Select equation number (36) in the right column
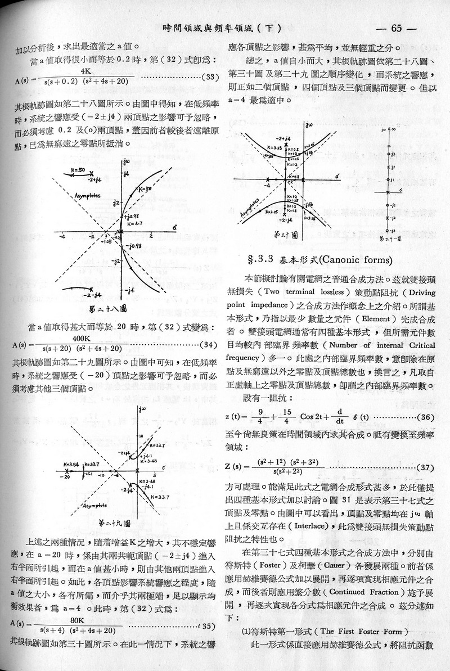(425, 416)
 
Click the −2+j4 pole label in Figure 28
(95, 181)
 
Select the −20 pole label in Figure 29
(67, 476)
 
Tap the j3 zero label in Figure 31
(394, 154)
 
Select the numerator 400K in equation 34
(82, 338)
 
